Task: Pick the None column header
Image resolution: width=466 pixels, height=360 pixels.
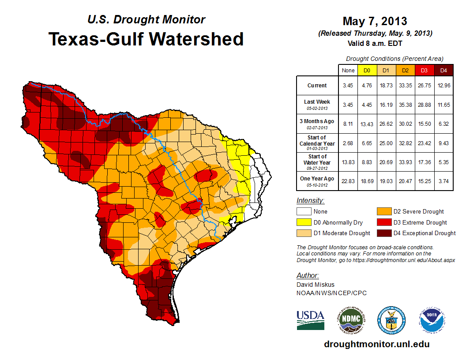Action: click(348, 70)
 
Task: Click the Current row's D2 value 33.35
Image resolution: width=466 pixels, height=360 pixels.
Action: click(405, 86)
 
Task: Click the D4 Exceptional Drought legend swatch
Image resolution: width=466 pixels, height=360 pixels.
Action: click(383, 233)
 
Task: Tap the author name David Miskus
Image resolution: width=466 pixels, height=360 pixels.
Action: click(316, 285)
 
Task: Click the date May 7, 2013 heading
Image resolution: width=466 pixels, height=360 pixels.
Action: click(375, 21)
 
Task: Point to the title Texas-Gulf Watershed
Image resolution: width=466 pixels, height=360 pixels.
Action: click(146, 39)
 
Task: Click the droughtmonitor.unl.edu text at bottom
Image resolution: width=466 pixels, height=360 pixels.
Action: click(376, 344)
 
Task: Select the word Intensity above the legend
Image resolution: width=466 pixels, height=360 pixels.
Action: click(310, 201)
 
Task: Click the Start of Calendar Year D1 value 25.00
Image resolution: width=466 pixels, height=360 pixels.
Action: click(386, 143)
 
